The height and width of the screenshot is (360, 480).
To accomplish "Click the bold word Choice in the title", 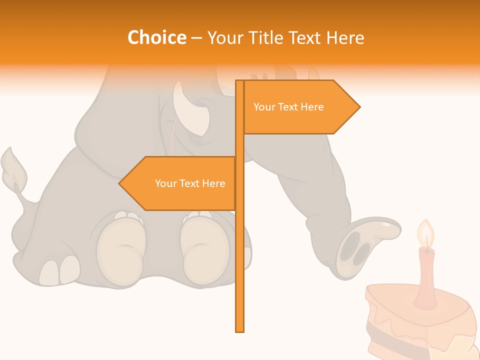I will coord(156,38).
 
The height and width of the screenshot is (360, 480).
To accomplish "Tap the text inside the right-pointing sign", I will coord(288,107).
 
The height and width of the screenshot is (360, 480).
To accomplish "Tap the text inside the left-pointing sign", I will coord(190,183).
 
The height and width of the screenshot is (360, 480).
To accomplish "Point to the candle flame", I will coord(425,233).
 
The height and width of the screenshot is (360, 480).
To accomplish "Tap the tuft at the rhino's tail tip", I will coord(13,167).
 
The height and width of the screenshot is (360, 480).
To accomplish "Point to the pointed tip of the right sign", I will coord(358,107).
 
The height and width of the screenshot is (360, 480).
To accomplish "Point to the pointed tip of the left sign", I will coord(120,183).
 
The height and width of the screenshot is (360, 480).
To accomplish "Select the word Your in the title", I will coord(223,38).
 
